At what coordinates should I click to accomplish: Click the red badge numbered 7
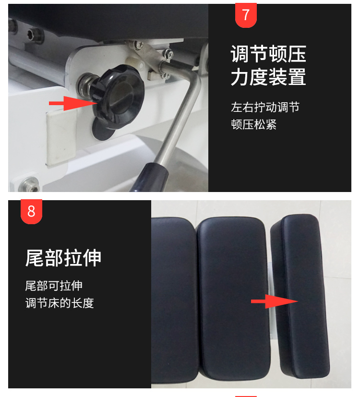246,15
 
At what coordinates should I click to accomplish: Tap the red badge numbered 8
31,212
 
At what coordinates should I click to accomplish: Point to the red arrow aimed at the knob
73,103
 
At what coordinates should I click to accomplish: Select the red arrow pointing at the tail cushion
275,301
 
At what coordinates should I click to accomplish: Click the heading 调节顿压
268,54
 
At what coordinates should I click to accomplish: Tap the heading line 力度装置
268,77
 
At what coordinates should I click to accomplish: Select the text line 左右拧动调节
265,107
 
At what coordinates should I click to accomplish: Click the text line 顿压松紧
253,124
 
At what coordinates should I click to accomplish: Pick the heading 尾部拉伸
63,258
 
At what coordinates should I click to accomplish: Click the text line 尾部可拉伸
54,286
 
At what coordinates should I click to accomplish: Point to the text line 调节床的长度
60,303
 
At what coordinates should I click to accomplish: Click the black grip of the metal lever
151,177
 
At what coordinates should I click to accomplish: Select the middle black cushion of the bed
233,299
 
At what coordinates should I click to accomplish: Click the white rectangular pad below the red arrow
61,137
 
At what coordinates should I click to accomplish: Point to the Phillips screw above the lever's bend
169,54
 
